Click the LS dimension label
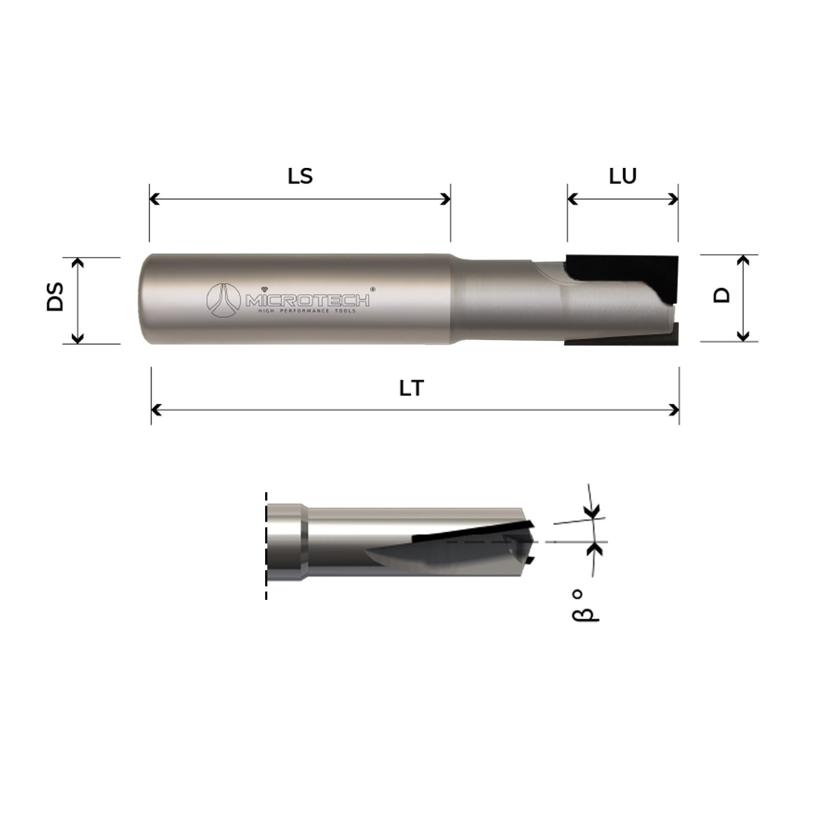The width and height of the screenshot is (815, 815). [300, 176]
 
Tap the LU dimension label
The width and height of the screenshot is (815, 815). [623, 176]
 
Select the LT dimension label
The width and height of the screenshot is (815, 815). [411, 388]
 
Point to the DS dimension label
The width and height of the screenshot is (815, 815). [55, 297]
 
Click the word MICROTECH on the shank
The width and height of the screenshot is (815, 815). [308, 300]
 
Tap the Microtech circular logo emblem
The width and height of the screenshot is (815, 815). [223, 300]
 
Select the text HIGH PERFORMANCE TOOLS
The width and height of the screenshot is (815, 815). [307, 311]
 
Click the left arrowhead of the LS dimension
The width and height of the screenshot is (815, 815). [154, 199]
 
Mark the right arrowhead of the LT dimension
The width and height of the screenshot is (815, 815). [675, 410]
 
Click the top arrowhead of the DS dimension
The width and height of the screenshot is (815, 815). [78, 262]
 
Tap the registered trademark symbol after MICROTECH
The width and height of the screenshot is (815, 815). [373, 290]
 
